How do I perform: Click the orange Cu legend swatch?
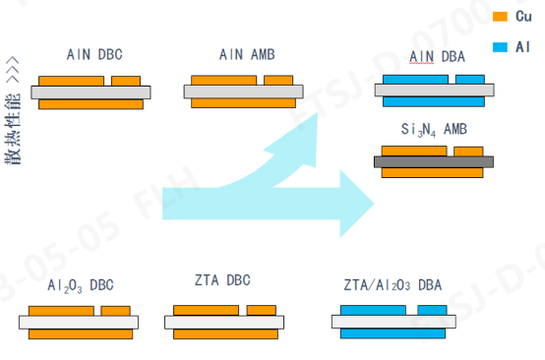pyautogui.click(x=499, y=17)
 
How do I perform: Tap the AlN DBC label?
pyautogui.click(x=94, y=54)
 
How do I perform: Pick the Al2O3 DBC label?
pyautogui.click(x=81, y=285)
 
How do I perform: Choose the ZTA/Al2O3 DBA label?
pyautogui.click(x=394, y=284)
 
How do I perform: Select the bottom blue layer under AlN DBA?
pyautogui.click(x=433, y=101)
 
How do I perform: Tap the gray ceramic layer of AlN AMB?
pyautogui.click(x=241, y=91)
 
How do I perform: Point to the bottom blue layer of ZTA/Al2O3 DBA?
pyautogui.click(x=392, y=332)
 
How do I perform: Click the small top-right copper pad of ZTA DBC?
pyautogui.click(x=261, y=310)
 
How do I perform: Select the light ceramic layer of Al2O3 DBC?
pyautogui.click(x=81, y=322)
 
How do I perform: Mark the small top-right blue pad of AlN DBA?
pyautogui.click(x=465, y=80)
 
